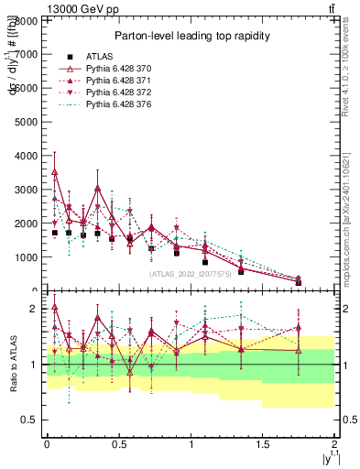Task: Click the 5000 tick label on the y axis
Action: pos(27,121)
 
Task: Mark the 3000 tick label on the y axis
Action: pos(27,189)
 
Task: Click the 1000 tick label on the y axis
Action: pos(27,256)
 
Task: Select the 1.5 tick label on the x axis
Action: pos(263,443)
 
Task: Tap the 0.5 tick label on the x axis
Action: pos(118,443)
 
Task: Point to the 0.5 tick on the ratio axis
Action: pos(30,420)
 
